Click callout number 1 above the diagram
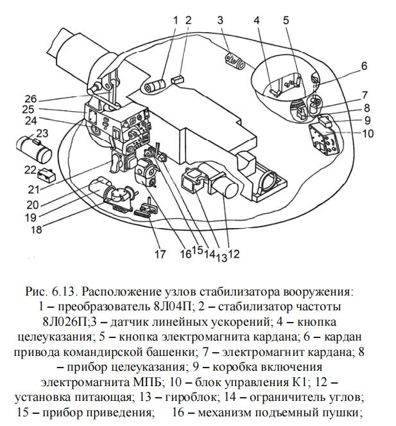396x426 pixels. click(175, 21)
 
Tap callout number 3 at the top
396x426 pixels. click(220, 20)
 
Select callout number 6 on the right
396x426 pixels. click(364, 66)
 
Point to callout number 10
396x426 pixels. click(368, 134)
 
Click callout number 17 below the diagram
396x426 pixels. click(160, 254)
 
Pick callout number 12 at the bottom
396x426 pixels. click(234, 254)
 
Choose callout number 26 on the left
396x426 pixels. click(31, 99)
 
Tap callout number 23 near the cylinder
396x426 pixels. click(42, 133)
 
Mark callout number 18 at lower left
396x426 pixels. click(37, 230)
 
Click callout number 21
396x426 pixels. click(34, 190)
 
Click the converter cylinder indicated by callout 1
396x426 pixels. click(155, 87)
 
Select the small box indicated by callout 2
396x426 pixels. click(178, 80)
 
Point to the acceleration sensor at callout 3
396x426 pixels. click(235, 62)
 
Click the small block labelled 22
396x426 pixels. click(46, 175)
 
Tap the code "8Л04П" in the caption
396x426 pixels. click(173, 306)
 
